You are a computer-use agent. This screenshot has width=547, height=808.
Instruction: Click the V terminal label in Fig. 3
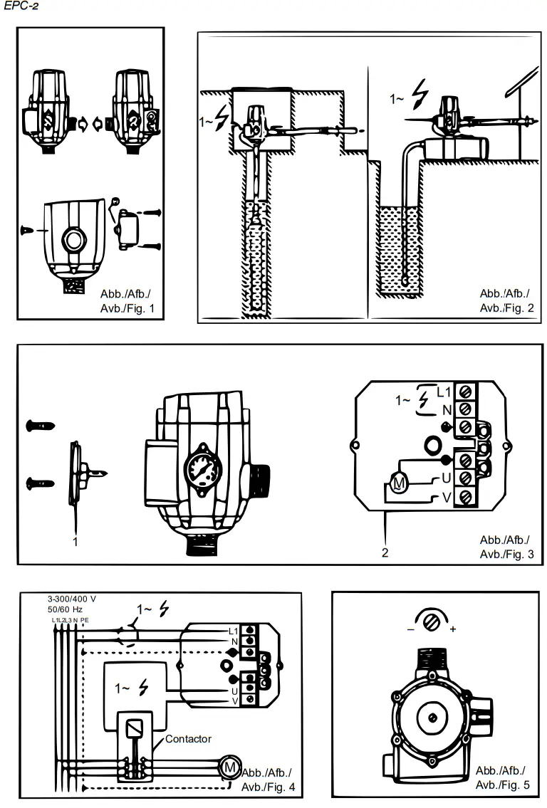click(447, 498)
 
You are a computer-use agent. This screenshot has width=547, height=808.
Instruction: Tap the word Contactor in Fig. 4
click(188, 739)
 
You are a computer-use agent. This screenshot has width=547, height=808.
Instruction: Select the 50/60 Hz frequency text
click(66, 609)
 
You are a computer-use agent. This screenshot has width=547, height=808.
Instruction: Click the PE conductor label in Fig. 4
click(85, 620)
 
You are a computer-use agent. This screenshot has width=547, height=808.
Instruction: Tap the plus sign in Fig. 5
click(453, 629)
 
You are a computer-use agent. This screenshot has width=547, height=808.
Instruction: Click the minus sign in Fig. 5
click(411, 629)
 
